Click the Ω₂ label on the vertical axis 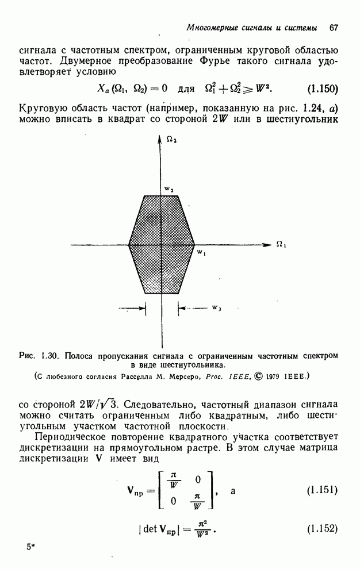(171, 139)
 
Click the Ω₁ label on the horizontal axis (280, 244)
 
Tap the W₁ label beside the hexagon (201, 252)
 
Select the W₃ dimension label (216, 308)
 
